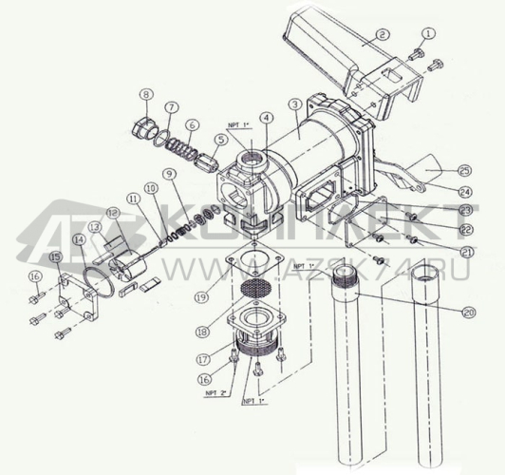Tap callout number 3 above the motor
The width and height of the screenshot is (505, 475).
(296, 104)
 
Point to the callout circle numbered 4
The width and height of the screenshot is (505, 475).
(268, 118)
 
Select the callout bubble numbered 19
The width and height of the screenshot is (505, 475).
(200, 296)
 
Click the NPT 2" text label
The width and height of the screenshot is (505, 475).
(216, 390)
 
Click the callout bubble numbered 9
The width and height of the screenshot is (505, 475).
(168, 174)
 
